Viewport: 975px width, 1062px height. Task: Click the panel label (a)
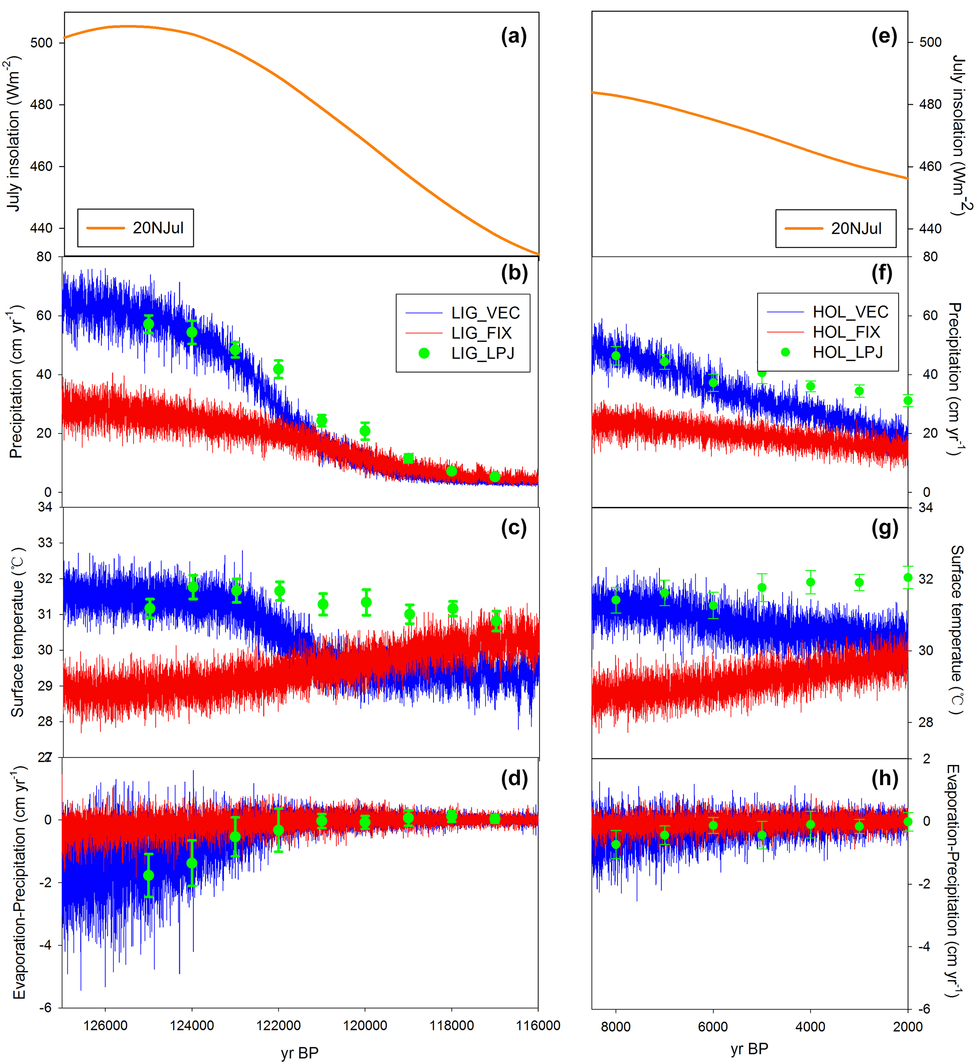[x=513, y=36]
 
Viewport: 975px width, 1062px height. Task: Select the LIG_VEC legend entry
[x=485, y=313]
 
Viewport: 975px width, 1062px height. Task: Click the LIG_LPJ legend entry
[x=482, y=353]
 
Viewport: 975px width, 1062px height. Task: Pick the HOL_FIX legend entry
[x=846, y=332]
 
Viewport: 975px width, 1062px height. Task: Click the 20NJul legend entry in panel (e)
[x=855, y=228]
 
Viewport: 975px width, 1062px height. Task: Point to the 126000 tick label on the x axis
[x=106, y=1025]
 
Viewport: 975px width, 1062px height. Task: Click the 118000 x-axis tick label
[x=451, y=1025]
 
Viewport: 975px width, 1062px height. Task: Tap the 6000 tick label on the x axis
[x=713, y=1026]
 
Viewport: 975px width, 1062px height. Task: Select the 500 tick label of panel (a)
[x=41, y=43]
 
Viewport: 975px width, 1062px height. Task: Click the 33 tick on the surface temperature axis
[x=45, y=542]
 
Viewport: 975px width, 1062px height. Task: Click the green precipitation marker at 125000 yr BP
[x=149, y=324]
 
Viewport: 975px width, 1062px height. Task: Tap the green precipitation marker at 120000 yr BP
[x=365, y=431]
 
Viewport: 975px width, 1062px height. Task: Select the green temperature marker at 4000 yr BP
[x=810, y=582]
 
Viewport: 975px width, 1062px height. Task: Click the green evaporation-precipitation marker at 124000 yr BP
[x=192, y=863]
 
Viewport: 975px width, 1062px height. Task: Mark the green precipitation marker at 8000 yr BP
[x=616, y=356]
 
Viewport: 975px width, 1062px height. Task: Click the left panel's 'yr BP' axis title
[x=300, y=1053]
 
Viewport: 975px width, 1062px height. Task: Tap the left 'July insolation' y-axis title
[x=14, y=134]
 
